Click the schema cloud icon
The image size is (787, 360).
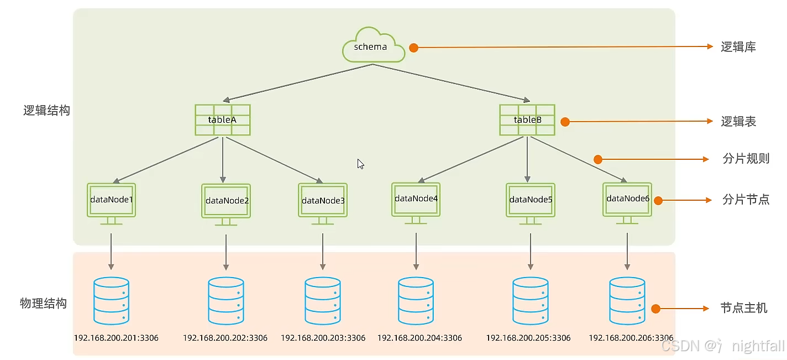click(370, 46)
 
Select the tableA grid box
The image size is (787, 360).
click(222, 120)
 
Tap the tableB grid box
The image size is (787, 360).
click(527, 120)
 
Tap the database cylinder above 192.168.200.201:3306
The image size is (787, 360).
click(111, 301)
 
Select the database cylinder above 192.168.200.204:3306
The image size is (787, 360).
click(416, 301)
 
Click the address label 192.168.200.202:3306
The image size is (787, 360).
click(225, 338)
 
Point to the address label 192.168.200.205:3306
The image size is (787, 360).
click(528, 338)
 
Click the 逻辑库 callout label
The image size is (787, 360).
click(738, 47)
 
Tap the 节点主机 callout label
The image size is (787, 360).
click(744, 308)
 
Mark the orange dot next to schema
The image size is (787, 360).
click(413, 48)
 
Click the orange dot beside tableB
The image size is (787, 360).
click(565, 122)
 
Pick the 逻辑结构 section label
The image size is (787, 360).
click(47, 110)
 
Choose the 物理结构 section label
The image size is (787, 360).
click(43, 304)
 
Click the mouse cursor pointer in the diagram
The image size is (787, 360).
click(360, 164)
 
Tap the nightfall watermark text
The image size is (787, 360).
click(758, 346)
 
